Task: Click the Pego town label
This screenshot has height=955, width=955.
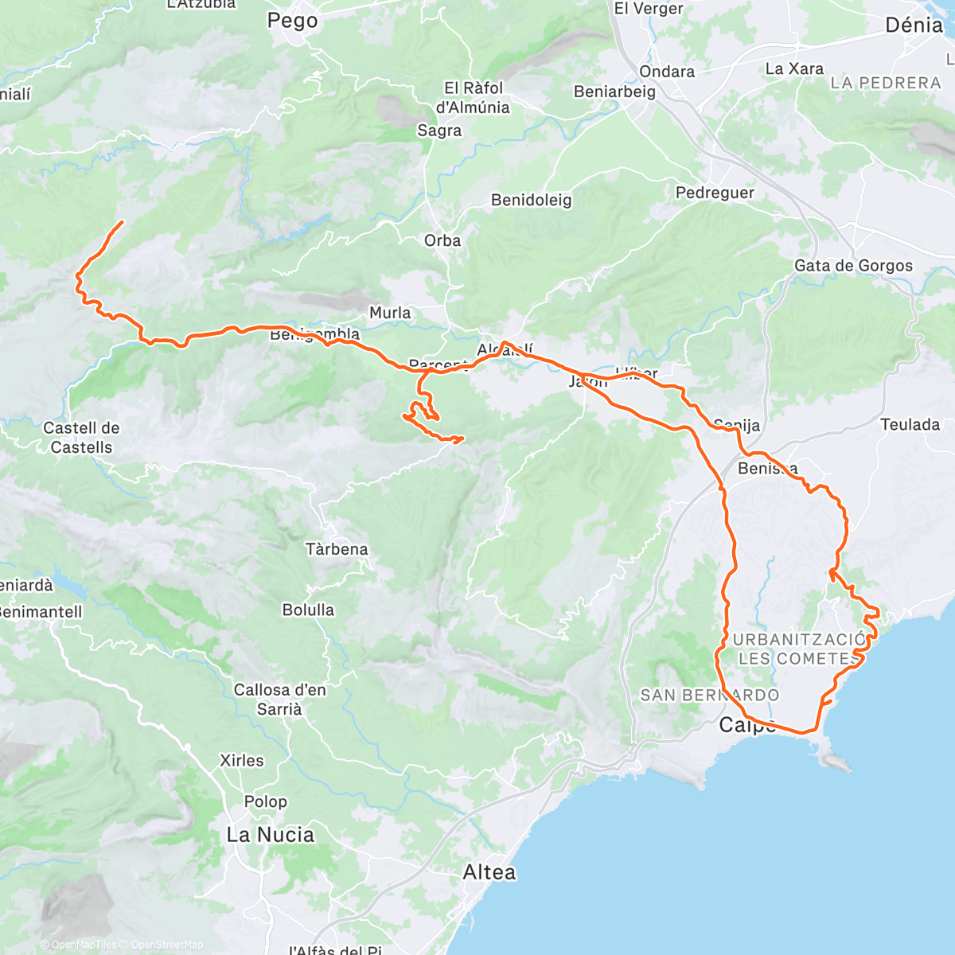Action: pos(292,21)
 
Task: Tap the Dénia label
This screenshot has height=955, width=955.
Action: pos(914,25)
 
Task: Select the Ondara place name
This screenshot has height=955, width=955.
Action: pos(667,72)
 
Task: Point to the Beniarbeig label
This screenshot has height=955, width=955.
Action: pos(614,92)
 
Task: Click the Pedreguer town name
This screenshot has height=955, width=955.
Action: pos(715,193)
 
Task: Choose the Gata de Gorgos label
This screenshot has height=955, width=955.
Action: pos(853,266)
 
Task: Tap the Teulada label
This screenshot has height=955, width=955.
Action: pos(910,424)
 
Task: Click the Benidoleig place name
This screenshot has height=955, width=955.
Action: pos(531,200)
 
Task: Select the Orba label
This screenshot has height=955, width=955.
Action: pos(442,240)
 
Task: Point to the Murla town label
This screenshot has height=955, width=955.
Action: pos(390,313)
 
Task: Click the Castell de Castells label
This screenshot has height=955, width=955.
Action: pos(81,438)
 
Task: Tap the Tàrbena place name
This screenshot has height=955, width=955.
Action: pos(337,549)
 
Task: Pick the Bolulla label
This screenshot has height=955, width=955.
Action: pos(308,610)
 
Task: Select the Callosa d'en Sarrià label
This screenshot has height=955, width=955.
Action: pos(279,699)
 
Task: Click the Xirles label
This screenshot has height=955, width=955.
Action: pos(241,761)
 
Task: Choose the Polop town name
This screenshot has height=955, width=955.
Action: pos(266,801)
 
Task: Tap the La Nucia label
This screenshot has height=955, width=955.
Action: pos(270,835)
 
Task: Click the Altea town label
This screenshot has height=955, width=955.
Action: pos(489,872)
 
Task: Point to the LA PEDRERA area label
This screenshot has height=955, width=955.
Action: pos(885,83)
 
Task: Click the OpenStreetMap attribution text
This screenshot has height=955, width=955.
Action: pos(167,945)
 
